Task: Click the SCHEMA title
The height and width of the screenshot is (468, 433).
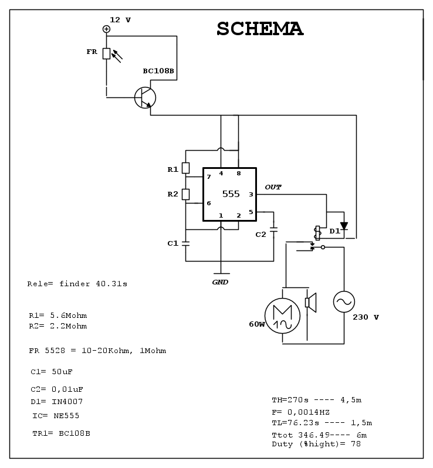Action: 260,29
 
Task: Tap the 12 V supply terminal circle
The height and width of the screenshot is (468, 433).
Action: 106,29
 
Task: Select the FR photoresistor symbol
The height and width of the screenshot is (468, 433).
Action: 106,53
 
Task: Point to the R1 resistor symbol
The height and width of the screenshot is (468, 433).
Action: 185,168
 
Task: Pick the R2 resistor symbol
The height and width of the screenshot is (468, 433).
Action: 185,194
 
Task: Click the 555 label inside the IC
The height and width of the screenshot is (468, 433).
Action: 231,194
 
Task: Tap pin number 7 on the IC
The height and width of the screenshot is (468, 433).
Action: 209,177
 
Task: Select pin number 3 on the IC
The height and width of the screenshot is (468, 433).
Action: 251,194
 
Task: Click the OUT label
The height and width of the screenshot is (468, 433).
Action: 273,187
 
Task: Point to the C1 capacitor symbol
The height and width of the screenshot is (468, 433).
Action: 185,243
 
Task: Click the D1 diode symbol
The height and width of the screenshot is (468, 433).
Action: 344,226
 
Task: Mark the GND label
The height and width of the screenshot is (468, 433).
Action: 220,282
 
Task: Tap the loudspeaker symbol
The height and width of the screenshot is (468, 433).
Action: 310,303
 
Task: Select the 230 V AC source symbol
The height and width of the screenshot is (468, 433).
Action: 344,302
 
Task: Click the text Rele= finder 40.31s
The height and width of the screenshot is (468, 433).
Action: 77,284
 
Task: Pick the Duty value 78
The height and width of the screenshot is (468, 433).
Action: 356,444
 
